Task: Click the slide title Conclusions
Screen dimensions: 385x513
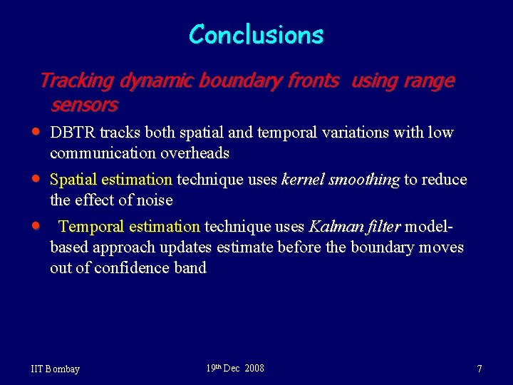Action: (x=256, y=34)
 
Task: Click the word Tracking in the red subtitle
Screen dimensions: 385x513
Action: (x=76, y=81)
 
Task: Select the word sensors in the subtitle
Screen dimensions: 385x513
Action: (x=84, y=106)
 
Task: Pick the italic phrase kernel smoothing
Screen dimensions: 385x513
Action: (x=341, y=180)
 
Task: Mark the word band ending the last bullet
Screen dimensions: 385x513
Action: (x=190, y=268)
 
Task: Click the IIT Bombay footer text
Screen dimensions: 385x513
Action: (x=56, y=369)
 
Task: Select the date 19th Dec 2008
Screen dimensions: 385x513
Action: (x=234, y=368)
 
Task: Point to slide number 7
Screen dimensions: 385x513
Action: (x=480, y=369)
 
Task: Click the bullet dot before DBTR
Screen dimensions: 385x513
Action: (x=36, y=133)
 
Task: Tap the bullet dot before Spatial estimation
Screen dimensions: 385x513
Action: (x=36, y=179)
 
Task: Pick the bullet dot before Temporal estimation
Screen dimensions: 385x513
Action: (x=36, y=226)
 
